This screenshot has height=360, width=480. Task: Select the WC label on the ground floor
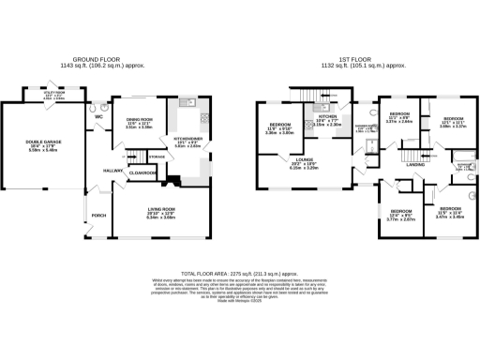tap(98, 117)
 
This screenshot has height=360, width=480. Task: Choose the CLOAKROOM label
tap(142, 172)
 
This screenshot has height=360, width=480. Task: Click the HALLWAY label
tap(113, 171)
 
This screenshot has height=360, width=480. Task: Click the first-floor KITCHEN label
tap(326, 117)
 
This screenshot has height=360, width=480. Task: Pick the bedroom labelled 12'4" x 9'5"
tap(402, 212)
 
